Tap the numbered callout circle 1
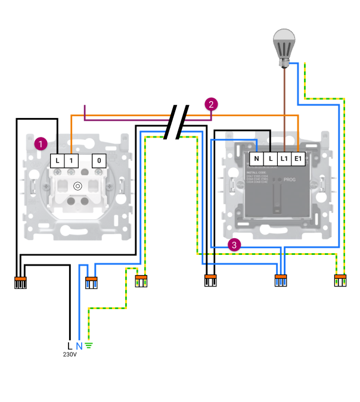click(41, 144)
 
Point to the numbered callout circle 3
click(235, 244)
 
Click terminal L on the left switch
click(57, 160)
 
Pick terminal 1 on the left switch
click(71, 160)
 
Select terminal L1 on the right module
click(284, 159)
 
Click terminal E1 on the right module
click(299, 159)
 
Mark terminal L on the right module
click(271, 159)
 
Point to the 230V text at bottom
click(70, 355)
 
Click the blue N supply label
click(79, 346)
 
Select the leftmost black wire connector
click(21, 282)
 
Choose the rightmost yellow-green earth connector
click(340, 280)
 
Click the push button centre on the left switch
click(77, 186)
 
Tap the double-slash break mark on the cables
click(177, 121)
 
